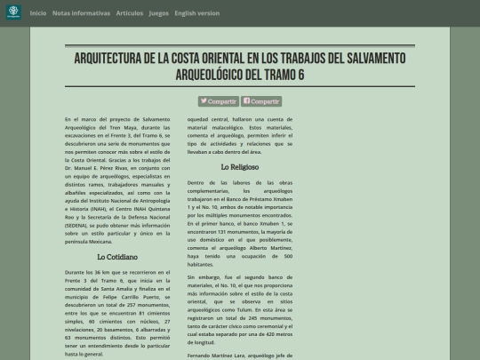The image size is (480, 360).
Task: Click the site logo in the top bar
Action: coord(13,13)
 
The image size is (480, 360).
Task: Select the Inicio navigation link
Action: coord(38,13)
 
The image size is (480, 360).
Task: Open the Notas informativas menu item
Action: coord(82,13)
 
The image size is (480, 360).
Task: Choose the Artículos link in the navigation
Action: coord(129,13)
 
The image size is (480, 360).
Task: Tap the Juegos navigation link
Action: coord(158,13)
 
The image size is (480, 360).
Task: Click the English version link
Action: coord(196,13)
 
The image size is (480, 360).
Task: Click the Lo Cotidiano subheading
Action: coord(115,257)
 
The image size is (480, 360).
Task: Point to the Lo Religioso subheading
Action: coord(240,166)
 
